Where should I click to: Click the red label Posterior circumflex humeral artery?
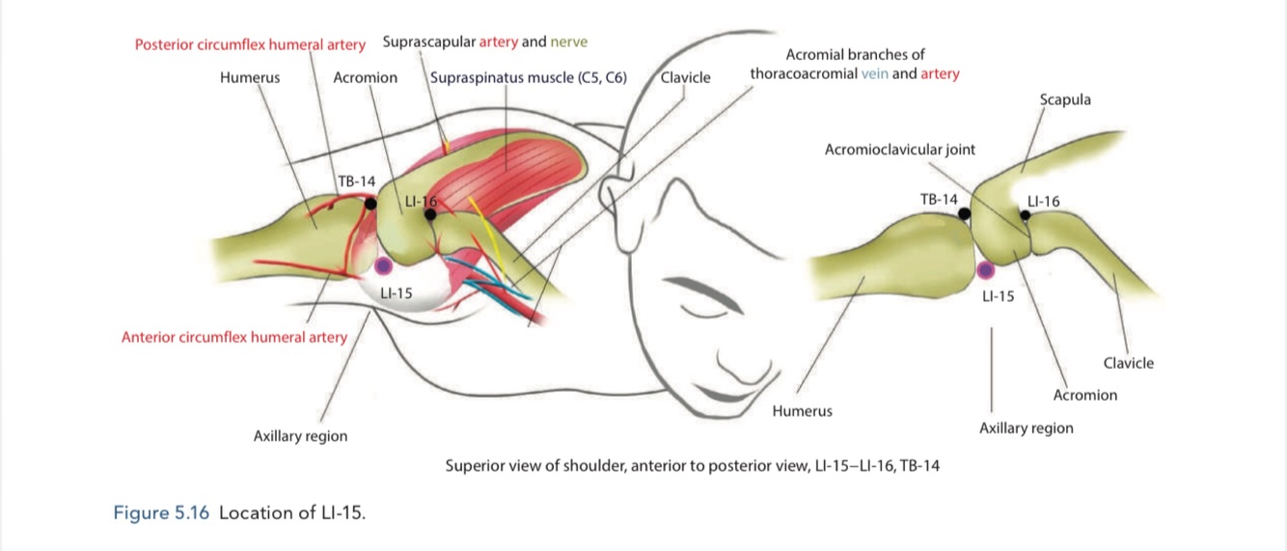tap(250, 44)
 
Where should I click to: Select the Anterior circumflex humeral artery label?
tap(234, 338)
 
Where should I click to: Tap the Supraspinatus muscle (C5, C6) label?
tap(529, 78)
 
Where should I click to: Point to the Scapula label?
tap(1065, 99)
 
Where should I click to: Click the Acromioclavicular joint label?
tap(899, 150)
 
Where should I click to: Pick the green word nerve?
tap(568, 42)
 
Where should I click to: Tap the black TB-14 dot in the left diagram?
tap(370, 204)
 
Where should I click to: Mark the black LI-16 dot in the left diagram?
tap(430, 214)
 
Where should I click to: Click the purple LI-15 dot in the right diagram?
tap(985, 271)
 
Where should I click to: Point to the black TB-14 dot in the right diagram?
tap(964, 213)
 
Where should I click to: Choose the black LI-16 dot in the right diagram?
tap(1026, 215)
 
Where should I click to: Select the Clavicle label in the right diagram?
tap(1128, 364)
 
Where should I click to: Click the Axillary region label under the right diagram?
tap(1026, 428)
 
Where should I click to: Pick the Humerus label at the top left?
tap(250, 78)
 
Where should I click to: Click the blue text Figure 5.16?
tap(161, 513)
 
